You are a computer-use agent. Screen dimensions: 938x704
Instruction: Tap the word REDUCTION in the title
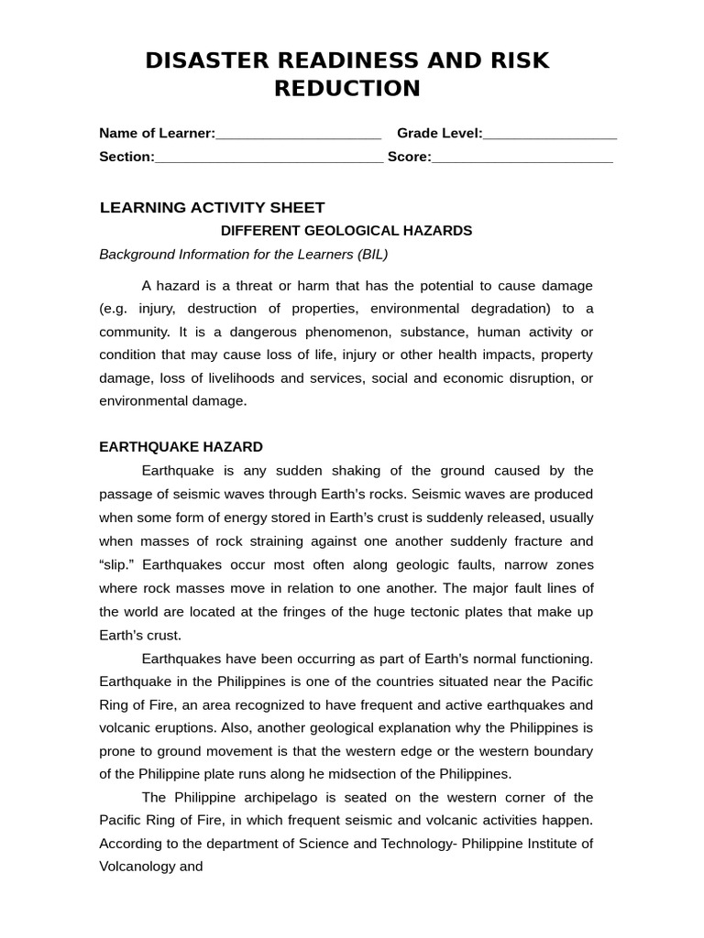[x=347, y=88]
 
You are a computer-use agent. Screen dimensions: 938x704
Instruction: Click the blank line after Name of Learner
[x=298, y=134]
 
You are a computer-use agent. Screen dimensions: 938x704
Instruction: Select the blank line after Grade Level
[x=550, y=134]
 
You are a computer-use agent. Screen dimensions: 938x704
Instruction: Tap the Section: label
[x=126, y=157]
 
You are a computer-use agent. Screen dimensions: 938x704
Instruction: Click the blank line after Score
[x=522, y=157]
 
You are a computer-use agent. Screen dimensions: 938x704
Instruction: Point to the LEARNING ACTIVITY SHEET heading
[x=212, y=207]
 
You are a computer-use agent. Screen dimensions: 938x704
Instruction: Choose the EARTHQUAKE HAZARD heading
[x=181, y=447]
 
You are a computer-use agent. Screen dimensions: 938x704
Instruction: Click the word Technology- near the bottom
[x=408, y=843]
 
